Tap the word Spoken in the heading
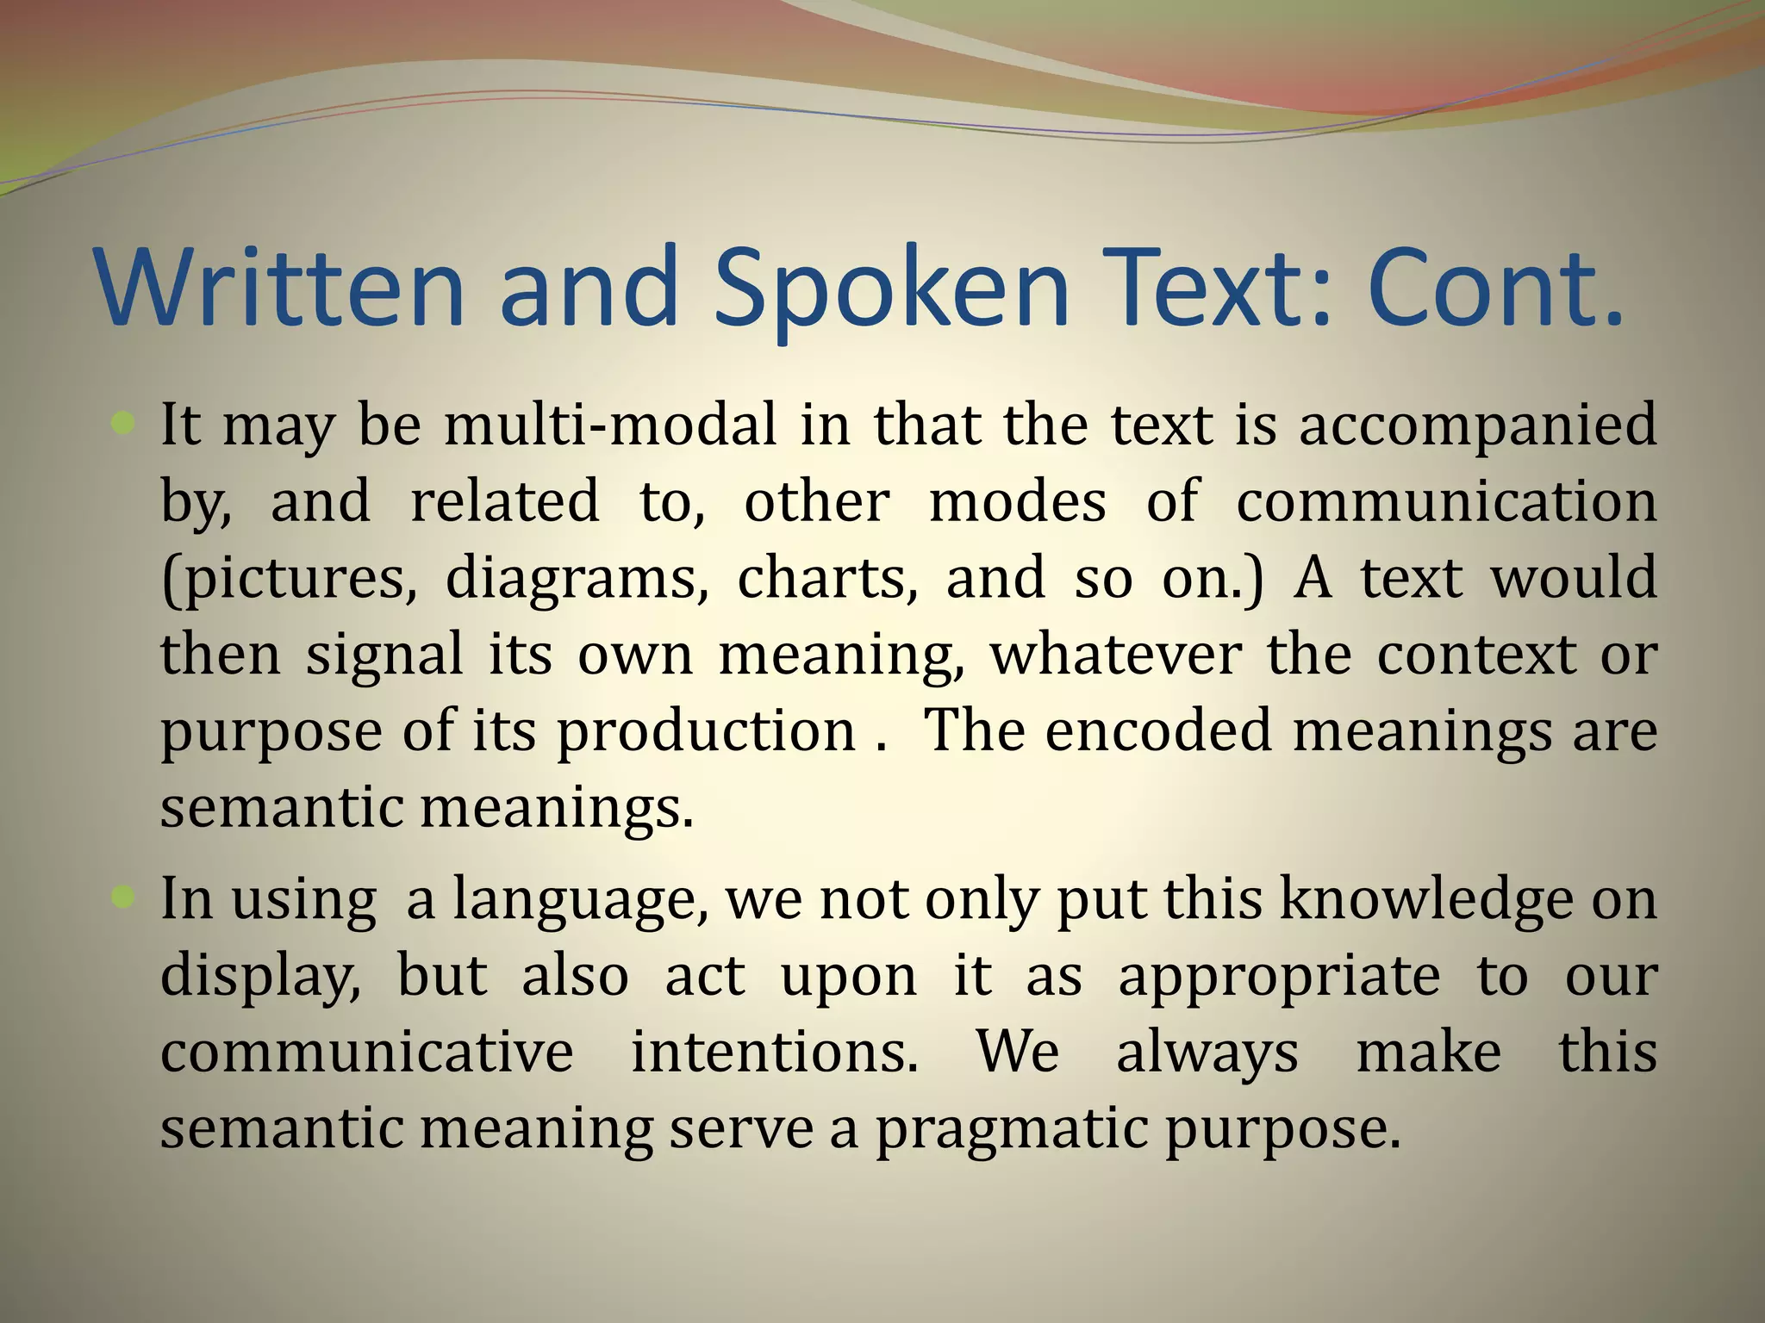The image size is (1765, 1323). pos(891,289)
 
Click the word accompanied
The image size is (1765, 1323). pos(1477,426)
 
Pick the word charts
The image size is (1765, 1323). pos(827,578)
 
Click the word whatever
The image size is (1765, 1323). pos(1115,655)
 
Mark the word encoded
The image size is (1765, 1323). pos(1158,730)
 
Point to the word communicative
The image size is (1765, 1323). pos(366,1053)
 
